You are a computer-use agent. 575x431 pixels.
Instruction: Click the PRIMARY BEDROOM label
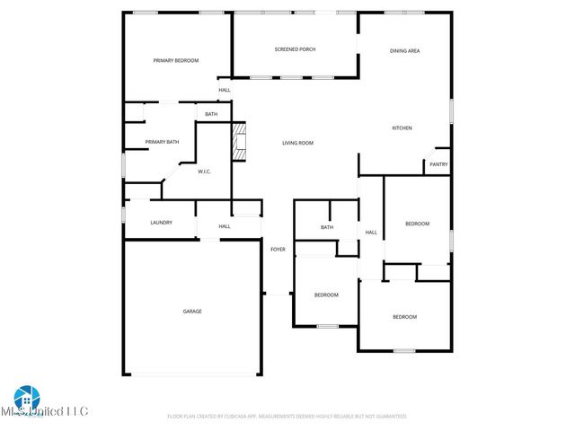pyautogui.click(x=175, y=60)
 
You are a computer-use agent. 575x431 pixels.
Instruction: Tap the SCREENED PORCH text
pyautogui.click(x=295, y=49)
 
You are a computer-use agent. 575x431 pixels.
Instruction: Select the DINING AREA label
pyautogui.click(x=404, y=51)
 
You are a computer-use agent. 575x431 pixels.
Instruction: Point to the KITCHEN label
pyautogui.click(x=402, y=128)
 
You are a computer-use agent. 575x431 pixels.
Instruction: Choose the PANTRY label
pyautogui.click(x=438, y=164)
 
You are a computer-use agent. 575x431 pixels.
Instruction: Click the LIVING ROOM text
pyautogui.click(x=297, y=143)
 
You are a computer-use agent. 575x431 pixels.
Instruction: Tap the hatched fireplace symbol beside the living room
pyautogui.click(x=239, y=142)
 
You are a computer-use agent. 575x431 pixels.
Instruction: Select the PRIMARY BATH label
pyautogui.click(x=162, y=142)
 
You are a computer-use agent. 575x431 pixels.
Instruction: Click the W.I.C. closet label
pyautogui.click(x=204, y=171)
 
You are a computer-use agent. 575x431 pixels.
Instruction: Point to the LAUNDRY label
pyautogui.click(x=161, y=223)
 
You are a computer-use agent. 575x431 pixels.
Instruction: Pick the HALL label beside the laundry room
pyautogui.click(x=225, y=226)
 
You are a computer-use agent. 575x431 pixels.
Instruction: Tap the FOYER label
pyautogui.click(x=278, y=249)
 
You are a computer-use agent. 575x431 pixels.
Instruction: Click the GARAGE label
pyautogui.click(x=192, y=312)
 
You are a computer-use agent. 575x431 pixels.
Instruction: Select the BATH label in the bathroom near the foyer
pyautogui.click(x=327, y=227)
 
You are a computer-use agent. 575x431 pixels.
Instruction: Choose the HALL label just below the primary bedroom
pyautogui.click(x=225, y=90)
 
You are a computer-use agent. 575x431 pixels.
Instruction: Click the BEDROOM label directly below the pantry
pyautogui.click(x=417, y=224)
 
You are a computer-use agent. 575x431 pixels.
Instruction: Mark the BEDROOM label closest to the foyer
pyautogui.click(x=326, y=295)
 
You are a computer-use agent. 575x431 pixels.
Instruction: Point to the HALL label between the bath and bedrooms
pyautogui.click(x=370, y=233)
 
